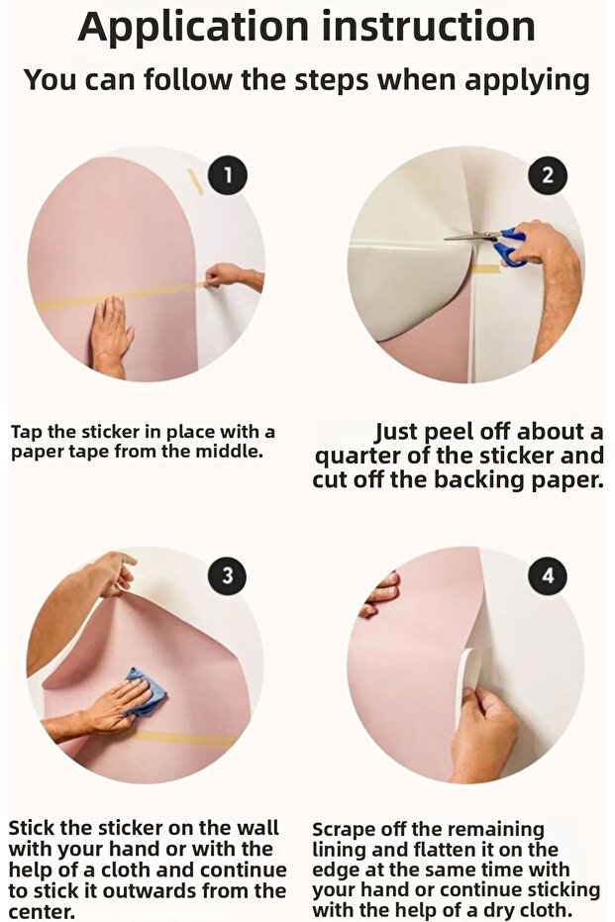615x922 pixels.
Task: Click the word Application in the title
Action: (193, 28)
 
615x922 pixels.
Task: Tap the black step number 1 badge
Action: (228, 175)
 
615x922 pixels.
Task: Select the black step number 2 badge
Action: (547, 175)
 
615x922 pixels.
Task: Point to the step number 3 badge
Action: (228, 575)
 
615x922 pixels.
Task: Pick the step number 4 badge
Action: (548, 575)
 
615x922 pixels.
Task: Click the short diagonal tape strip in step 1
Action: (195, 181)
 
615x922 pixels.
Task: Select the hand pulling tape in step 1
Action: (233, 276)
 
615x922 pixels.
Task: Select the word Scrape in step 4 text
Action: (343, 830)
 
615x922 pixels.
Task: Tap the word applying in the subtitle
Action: (528, 80)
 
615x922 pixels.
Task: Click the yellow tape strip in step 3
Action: (182, 739)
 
